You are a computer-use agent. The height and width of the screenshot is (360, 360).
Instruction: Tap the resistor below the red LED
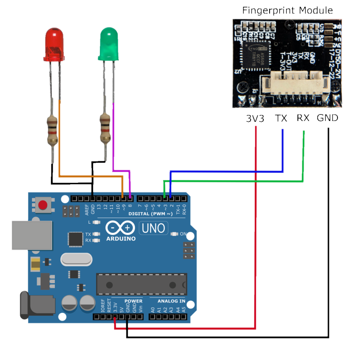pyautogui.click(x=53, y=130)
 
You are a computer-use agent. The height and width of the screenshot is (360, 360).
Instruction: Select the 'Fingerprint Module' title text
pyautogui.click(x=288, y=10)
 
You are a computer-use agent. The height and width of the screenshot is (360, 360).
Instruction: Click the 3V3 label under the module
pyautogui.click(x=255, y=119)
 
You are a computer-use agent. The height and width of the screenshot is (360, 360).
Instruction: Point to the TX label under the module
pyautogui.click(x=281, y=119)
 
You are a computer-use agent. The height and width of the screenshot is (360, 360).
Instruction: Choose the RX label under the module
pyautogui.click(x=303, y=119)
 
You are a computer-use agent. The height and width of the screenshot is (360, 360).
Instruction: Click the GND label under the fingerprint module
pyautogui.click(x=327, y=119)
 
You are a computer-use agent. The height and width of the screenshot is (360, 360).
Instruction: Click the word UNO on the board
pyautogui.click(x=153, y=228)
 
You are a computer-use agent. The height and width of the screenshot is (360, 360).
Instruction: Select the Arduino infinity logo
pyautogui.click(x=121, y=228)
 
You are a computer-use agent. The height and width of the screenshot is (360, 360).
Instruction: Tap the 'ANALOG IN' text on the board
pyautogui.click(x=171, y=301)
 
